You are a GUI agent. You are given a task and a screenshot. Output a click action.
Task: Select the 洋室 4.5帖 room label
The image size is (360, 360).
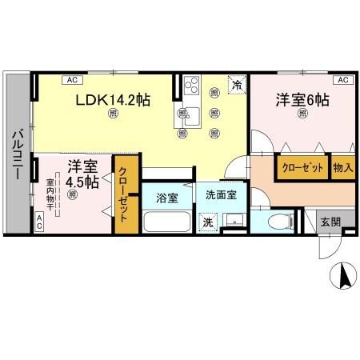tap(82, 174)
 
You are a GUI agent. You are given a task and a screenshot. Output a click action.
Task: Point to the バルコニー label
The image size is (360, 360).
tap(17, 152)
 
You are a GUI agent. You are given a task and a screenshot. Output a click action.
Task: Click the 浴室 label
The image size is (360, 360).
tap(166, 197)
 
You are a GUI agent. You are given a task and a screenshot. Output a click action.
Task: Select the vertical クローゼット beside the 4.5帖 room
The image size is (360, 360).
tap(125, 194)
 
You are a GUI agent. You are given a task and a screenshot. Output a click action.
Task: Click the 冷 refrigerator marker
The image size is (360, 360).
tap(237, 82)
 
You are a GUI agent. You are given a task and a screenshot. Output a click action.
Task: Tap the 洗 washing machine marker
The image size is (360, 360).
tap(207, 222)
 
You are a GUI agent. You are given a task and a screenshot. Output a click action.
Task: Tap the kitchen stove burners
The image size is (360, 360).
tap(192, 84)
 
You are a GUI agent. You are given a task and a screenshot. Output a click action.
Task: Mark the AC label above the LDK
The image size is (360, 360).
tap(71, 80)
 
